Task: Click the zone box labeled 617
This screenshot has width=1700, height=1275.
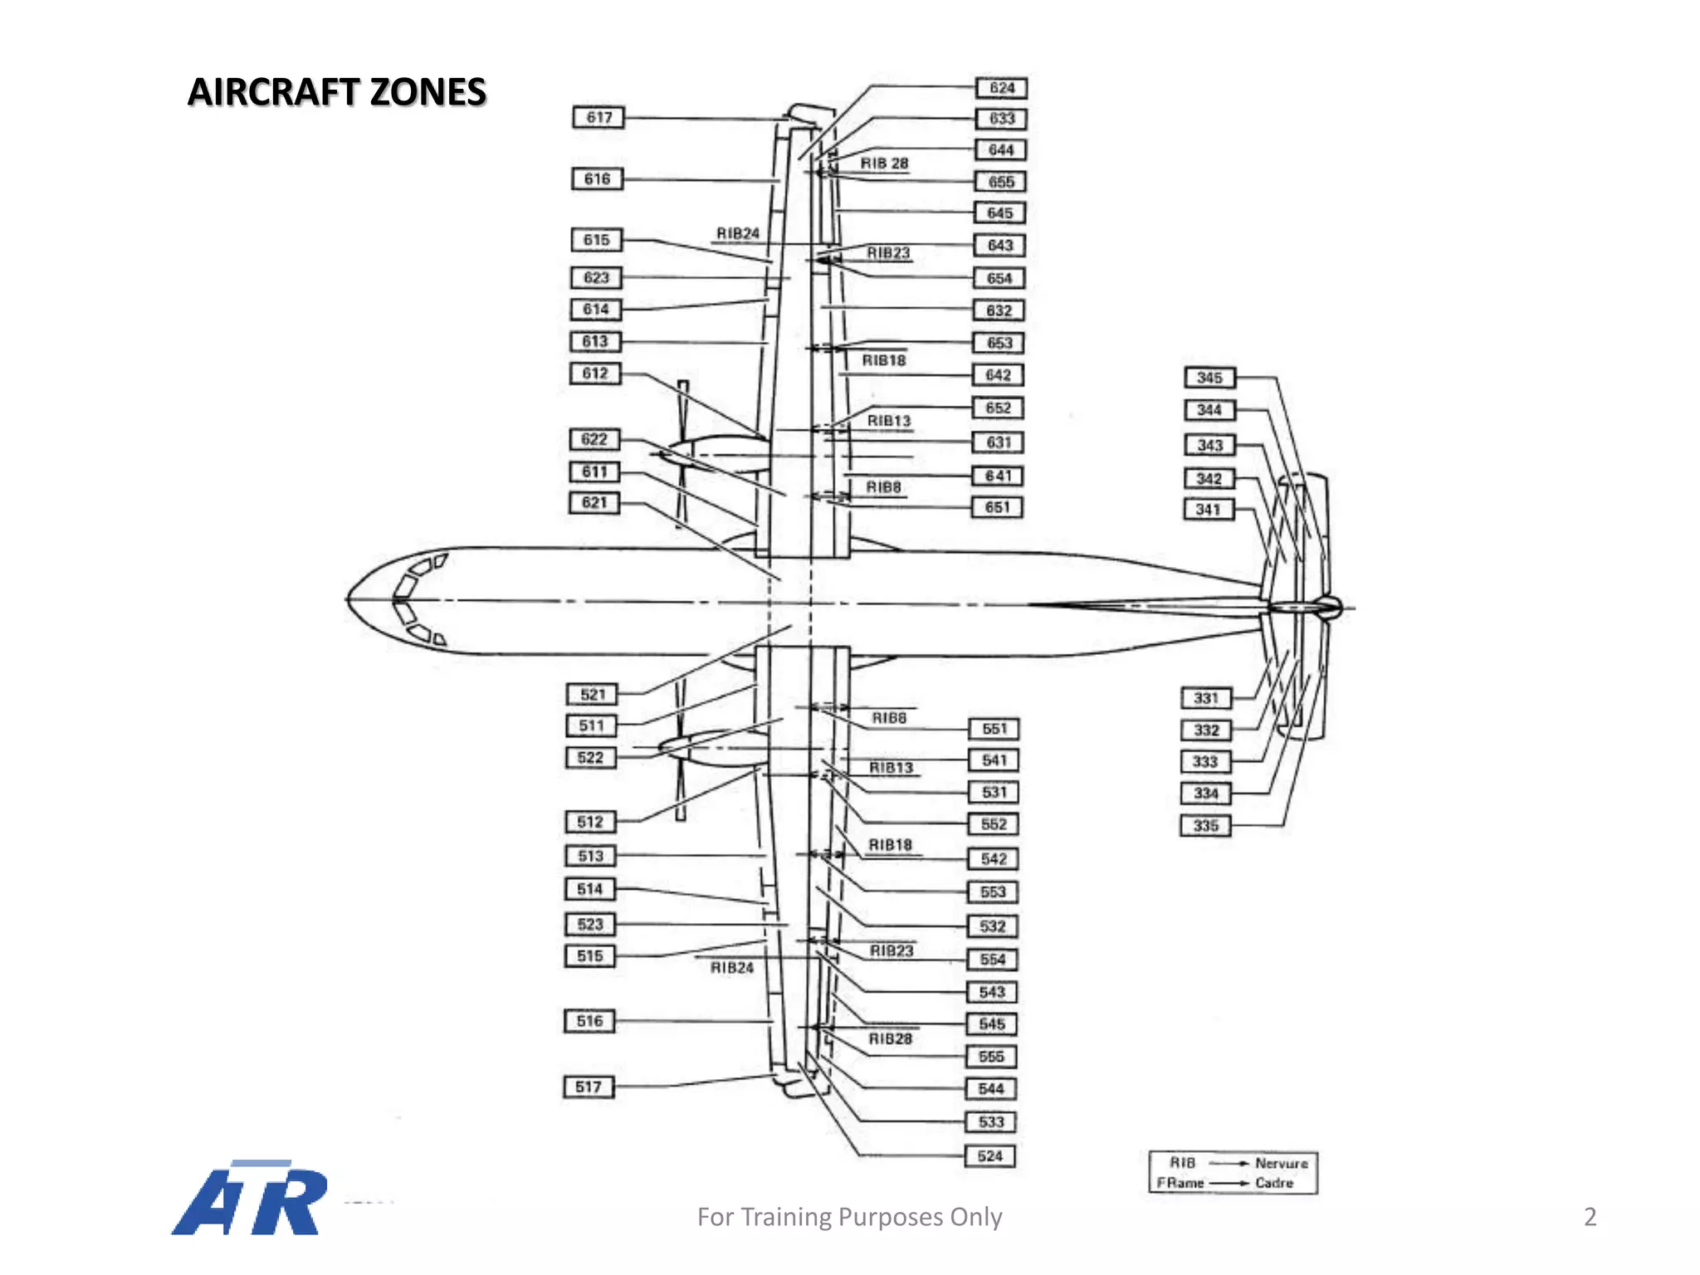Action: tap(598, 118)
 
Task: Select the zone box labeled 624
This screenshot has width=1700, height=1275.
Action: tap(1001, 88)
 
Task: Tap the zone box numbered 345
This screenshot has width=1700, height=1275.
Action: tap(1209, 378)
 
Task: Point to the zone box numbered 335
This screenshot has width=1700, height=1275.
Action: tap(1205, 826)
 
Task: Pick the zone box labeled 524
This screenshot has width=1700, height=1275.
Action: tap(989, 1156)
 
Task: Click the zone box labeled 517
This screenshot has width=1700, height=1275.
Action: tap(589, 1087)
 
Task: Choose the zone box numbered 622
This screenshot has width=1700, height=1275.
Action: tap(594, 439)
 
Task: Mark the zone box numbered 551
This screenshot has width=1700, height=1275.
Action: tap(994, 729)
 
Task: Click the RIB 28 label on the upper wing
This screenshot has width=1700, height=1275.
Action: tap(884, 164)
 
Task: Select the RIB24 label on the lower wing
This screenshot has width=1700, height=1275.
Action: tap(732, 968)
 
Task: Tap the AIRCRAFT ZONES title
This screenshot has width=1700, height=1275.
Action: tap(336, 92)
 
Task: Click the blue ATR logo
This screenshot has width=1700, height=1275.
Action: tap(249, 1198)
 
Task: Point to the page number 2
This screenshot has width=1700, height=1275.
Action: tap(1590, 1217)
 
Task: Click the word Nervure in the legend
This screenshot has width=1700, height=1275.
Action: tap(1281, 1164)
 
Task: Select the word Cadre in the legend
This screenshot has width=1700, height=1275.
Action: tap(1274, 1183)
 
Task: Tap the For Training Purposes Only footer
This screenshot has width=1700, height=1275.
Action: tap(849, 1217)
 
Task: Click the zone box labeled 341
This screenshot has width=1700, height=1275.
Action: tap(1209, 510)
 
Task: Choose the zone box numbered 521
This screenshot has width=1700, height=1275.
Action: tap(593, 695)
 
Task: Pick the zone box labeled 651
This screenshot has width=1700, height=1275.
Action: tap(997, 507)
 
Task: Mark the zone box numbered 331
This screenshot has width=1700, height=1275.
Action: tap(1205, 698)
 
